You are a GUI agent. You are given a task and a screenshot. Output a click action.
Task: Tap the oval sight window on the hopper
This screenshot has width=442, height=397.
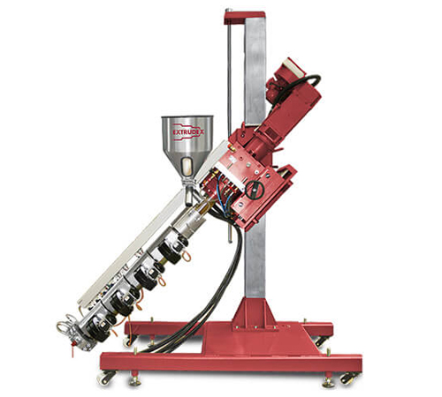187,166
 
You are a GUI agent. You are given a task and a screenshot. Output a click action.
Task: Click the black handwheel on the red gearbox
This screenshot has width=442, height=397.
255,190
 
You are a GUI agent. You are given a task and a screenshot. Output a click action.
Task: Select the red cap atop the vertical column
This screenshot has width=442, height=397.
245,18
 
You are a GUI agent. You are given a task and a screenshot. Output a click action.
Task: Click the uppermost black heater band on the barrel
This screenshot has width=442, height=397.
173,249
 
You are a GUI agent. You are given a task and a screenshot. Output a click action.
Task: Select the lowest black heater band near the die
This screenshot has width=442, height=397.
99,327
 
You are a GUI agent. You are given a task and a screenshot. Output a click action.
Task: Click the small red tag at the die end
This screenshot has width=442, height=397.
72,348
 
